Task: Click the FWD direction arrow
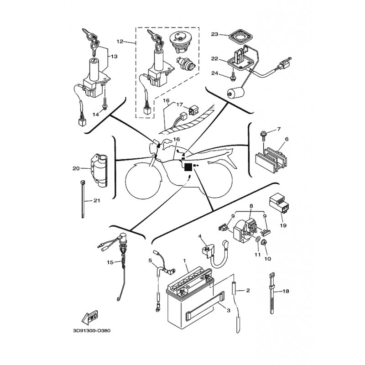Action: [90, 318]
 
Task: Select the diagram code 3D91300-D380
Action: [92, 330]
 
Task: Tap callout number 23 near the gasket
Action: [214, 35]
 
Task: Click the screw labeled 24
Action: [233, 76]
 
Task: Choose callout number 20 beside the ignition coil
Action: [76, 168]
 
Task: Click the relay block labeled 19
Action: [279, 203]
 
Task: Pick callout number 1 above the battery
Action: [185, 261]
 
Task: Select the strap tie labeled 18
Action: [271, 293]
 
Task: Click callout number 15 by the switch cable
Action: [110, 262]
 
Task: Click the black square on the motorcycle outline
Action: [188, 167]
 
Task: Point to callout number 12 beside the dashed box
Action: [120, 42]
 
